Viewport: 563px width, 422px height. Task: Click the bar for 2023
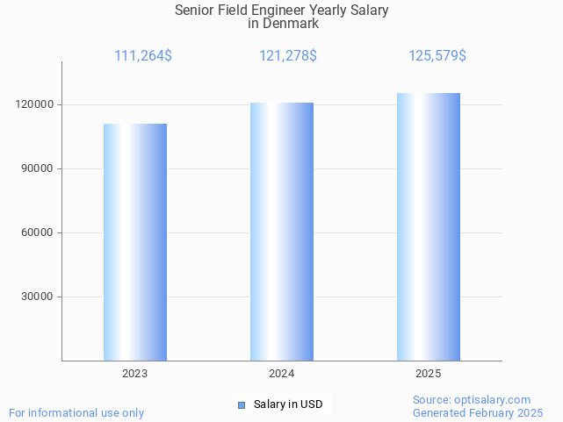pyautogui.click(x=135, y=242)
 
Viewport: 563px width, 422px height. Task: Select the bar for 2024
pyautogui.click(x=282, y=232)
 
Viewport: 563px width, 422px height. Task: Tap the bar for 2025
pyautogui.click(x=429, y=227)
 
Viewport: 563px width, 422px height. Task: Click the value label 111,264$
pyautogui.click(x=143, y=56)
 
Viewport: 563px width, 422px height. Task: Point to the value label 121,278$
pyautogui.click(x=288, y=56)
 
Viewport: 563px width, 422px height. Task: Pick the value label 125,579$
pyautogui.click(x=437, y=56)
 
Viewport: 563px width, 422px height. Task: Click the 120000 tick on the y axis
pyautogui.click(x=36, y=104)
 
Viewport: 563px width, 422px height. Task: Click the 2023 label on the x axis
pyautogui.click(x=135, y=374)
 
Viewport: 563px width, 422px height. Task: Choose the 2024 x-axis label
pyautogui.click(x=282, y=374)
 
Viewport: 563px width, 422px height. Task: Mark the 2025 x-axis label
pyautogui.click(x=429, y=374)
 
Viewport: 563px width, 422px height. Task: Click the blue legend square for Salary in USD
pyautogui.click(x=242, y=404)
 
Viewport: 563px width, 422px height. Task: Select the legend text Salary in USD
pyautogui.click(x=288, y=404)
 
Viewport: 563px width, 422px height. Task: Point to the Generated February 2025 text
pyautogui.click(x=478, y=412)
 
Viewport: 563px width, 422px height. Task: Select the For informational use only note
pyautogui.click(x=76, y=412)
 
